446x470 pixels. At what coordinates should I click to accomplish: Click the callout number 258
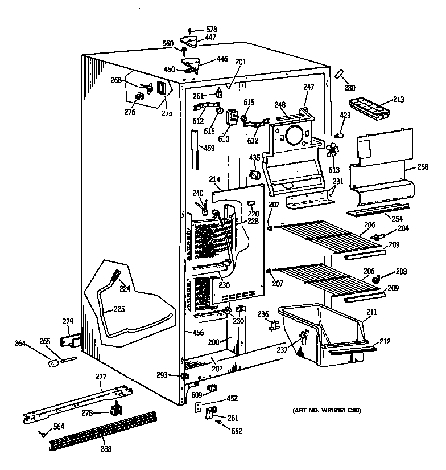422,166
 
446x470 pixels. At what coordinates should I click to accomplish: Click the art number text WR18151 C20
327,410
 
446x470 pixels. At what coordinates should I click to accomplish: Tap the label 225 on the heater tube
118,309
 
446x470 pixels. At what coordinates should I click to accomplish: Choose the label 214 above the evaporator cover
214,179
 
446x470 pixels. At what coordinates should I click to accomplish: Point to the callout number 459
209,149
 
